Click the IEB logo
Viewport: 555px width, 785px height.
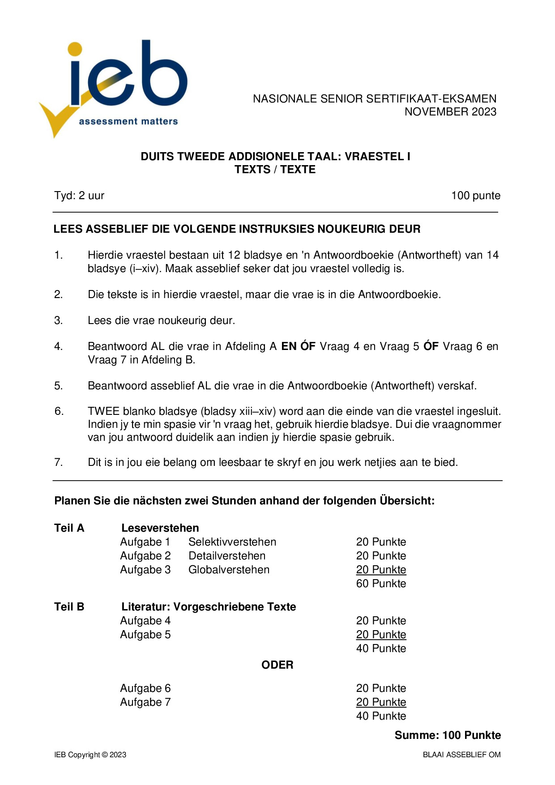click(114, 85)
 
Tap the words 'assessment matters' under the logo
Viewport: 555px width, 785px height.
click(128, 121)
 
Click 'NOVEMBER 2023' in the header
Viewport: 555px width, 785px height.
click(450, 112)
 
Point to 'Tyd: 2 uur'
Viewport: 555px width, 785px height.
click(79, 196)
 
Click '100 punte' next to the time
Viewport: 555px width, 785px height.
click(475, 196)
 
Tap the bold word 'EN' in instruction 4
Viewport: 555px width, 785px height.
click(289, 346)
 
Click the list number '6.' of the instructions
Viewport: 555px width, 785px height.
click(59, 411)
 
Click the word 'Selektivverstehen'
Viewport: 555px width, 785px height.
click(232, 542)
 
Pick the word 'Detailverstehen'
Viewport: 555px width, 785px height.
click(227, 556)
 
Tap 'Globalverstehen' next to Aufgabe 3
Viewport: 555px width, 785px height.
click(229, 570)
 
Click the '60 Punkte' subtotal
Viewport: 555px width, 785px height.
click(381, 584)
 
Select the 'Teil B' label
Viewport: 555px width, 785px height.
click(69, 607)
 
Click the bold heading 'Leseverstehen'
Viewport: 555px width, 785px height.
click(160, 528)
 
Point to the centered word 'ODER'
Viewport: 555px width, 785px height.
click(277, 665)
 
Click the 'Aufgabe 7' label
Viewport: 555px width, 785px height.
click(145, 702)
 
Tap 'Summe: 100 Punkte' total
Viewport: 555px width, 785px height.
click(448, 735)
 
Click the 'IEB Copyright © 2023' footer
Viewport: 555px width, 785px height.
click(90, 755)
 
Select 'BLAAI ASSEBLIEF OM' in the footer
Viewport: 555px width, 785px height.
click(461, 755)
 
